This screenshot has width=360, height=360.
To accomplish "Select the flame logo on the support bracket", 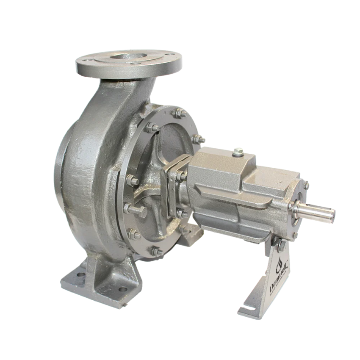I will pyautogui.click(x=278, y=266).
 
